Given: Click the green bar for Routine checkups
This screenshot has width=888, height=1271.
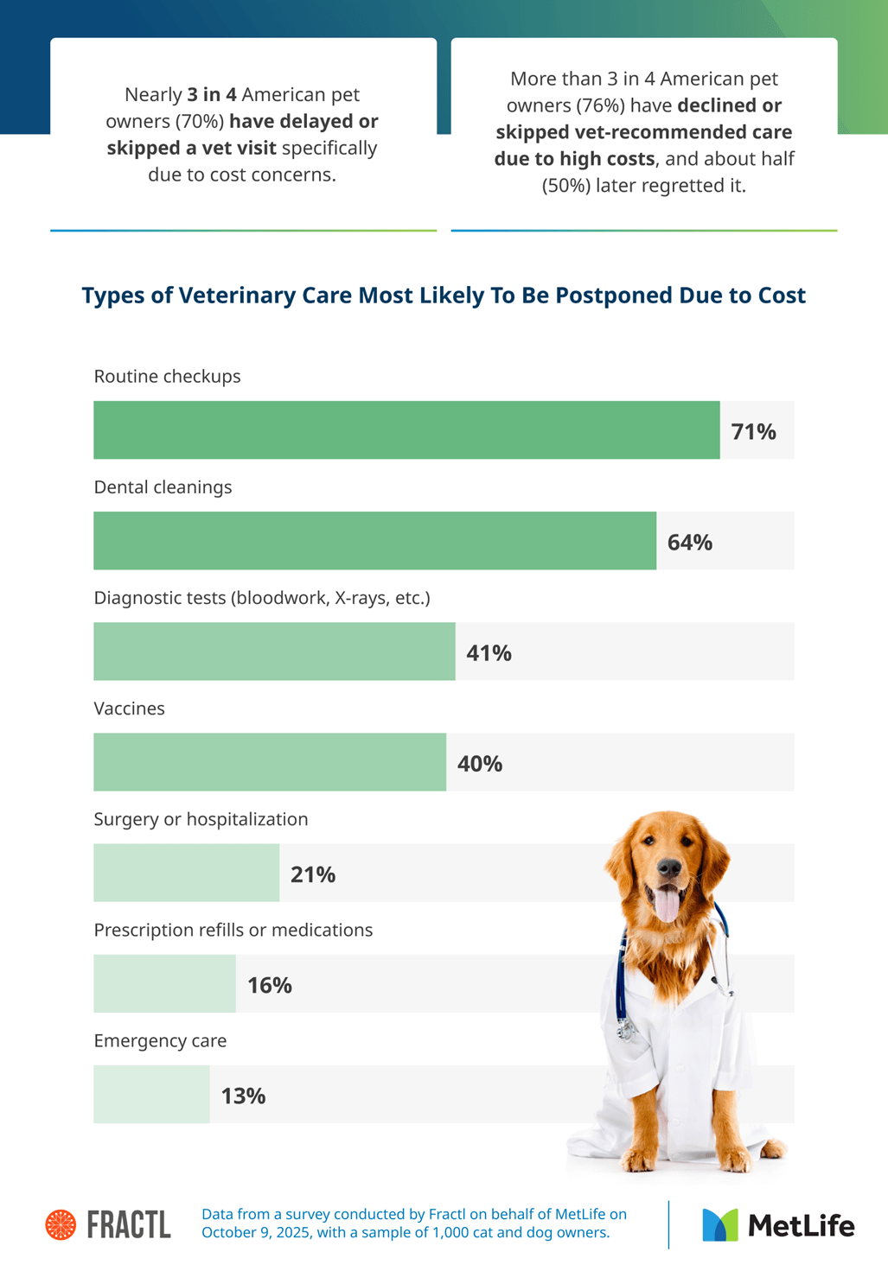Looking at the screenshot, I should point(406,429).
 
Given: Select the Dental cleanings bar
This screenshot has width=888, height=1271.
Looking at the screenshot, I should point(374,540).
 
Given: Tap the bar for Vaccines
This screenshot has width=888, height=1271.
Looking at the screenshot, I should point(270,762).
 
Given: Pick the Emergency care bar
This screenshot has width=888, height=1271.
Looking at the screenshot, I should point(151,1094).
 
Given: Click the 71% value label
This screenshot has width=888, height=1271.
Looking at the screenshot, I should point(753,431).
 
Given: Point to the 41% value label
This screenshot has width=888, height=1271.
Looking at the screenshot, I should point(489,652).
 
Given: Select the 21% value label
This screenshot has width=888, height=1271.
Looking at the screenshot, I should point(313,874).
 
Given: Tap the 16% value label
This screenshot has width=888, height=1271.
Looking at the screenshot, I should point(269,985).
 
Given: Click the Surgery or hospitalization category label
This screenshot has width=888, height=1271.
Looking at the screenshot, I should point(201,819).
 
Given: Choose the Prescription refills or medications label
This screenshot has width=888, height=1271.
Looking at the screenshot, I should point(233,930).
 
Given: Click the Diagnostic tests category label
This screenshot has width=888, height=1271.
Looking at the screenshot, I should point(261,598).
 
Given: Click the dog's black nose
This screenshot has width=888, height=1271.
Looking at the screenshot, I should point(668,867).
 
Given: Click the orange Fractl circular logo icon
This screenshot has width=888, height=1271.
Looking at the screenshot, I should point(61,1224).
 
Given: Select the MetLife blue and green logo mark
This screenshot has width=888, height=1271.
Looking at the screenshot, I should point(720,1224).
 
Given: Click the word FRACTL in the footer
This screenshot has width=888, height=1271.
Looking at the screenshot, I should point(129,1224).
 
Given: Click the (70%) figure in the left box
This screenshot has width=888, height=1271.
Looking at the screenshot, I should point(201,121).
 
